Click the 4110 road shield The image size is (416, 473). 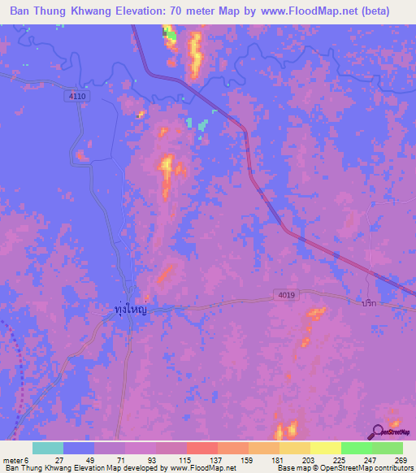(78, 96)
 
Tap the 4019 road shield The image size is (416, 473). (282, 298)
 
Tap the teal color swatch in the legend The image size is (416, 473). (48, 448)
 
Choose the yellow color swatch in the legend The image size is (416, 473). (325, 448)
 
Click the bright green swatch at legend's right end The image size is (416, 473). (387, 448)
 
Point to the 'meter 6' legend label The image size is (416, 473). (15, 459)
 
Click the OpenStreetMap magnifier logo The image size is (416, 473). (376, 432)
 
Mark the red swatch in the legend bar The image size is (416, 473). (201, 448)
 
